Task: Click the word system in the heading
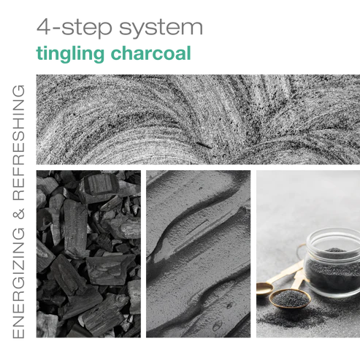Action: [161, 28]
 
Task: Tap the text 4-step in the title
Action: [74, 27]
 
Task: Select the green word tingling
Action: [70, 54]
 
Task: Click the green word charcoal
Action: [151, 53]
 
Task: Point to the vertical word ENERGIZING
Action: [19, 283]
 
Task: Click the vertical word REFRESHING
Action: [19, 142]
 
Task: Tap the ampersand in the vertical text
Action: [19, 214]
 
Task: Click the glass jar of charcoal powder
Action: [333, 263]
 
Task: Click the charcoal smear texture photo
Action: [198, 254]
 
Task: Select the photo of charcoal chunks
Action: [88, 254]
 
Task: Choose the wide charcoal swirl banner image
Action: [198, 120]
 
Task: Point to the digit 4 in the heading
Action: [44, 26]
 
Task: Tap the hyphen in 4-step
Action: [56, 28]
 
